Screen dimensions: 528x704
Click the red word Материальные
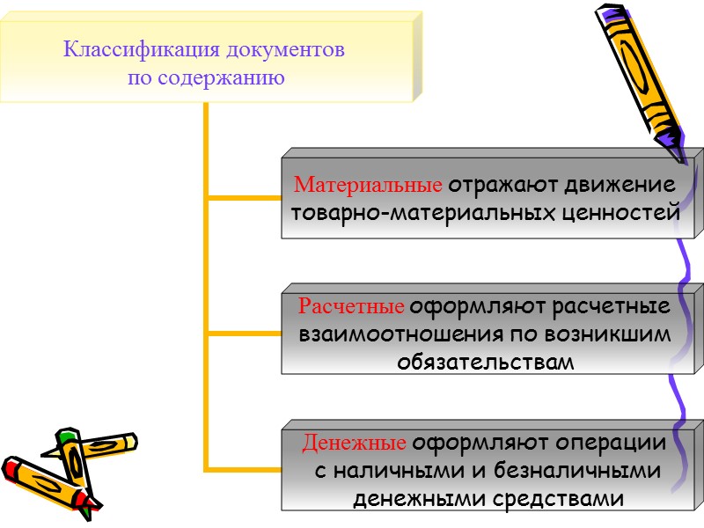[368, 186]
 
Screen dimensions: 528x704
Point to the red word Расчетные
[351, 307]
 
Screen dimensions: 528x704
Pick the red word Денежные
[354, 443]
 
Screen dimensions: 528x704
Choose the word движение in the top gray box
[616, 186]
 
